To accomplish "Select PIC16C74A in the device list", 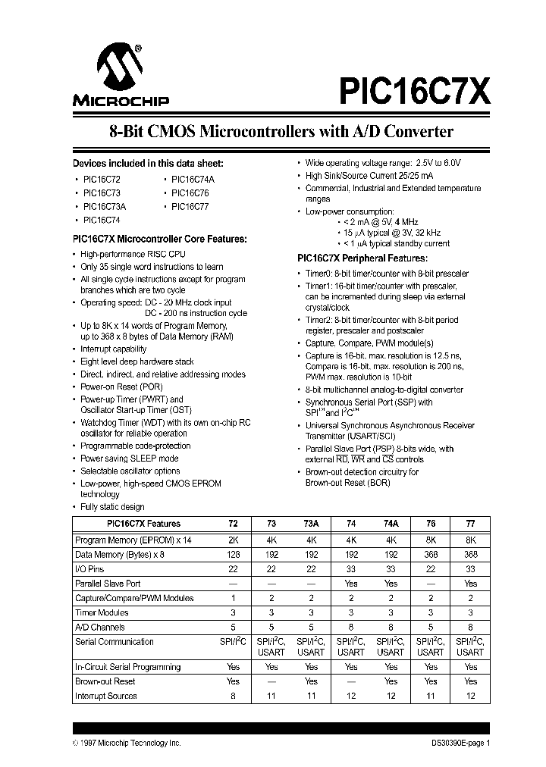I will (193, 179).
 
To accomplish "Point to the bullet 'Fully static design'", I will (112, 507).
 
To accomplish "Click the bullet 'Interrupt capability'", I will (113, 349).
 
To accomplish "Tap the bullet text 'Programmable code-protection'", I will (135, 446).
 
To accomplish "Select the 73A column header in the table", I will (311, 524).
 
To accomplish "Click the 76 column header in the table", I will (431, 524).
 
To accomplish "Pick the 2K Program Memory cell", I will (233, 540).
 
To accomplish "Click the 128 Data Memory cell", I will (233, 554).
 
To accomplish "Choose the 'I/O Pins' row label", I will (90, 568).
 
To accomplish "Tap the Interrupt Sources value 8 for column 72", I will (233, 695).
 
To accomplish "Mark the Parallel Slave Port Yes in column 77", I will (470, 584).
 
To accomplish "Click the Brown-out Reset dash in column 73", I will (271, 681).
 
